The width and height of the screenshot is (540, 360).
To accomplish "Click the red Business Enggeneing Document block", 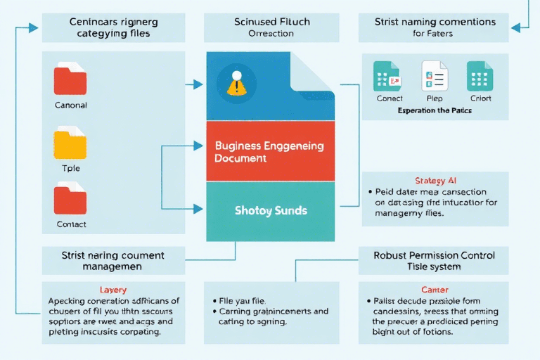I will click(x=270, y=151).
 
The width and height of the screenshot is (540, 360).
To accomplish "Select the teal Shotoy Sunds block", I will click(x=270, y=210).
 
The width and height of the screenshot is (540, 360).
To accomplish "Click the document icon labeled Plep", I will click(x=435, y=76).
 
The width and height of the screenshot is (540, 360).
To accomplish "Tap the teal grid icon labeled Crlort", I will click(x=480, y=76).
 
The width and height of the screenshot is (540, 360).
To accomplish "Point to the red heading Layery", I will click(x=113, y=290).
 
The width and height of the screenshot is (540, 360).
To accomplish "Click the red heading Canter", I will click(x=435, y=290).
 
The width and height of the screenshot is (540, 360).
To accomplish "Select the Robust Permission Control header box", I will click(x=435, y=260).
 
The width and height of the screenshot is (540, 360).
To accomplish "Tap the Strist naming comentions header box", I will click(x=435, y=27).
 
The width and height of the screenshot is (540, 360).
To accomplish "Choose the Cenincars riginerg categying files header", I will click(x=113, y=27).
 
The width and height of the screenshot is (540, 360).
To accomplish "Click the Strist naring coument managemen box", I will click(x=113, y=260).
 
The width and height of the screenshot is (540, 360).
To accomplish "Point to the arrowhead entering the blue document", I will click(x=199, y=84).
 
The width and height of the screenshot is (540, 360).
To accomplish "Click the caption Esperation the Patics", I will click(x=435, y=110).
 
